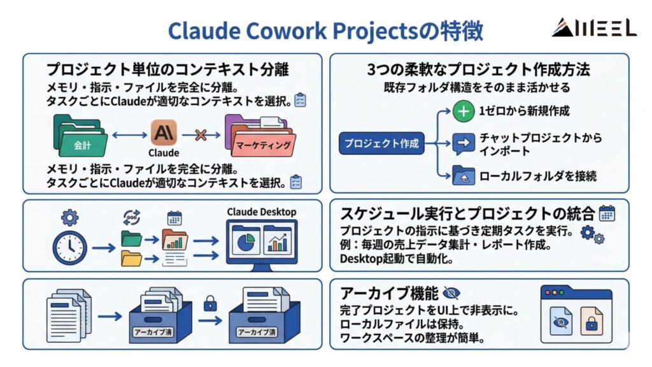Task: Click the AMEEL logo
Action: click(x=593, y=27)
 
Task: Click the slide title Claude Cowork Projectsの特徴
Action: click(x=325, y=30)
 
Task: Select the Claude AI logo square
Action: click(x=164, y=133)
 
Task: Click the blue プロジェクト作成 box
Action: click(x=381, y=143)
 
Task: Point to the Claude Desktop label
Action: click(x=261, y=212)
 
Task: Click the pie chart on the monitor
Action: click(x=245, y=243)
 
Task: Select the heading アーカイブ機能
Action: click(x=389, y=293)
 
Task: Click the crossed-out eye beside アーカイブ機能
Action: click(x=451, y=293)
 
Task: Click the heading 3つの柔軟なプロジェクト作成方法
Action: click(x=478, y=69)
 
